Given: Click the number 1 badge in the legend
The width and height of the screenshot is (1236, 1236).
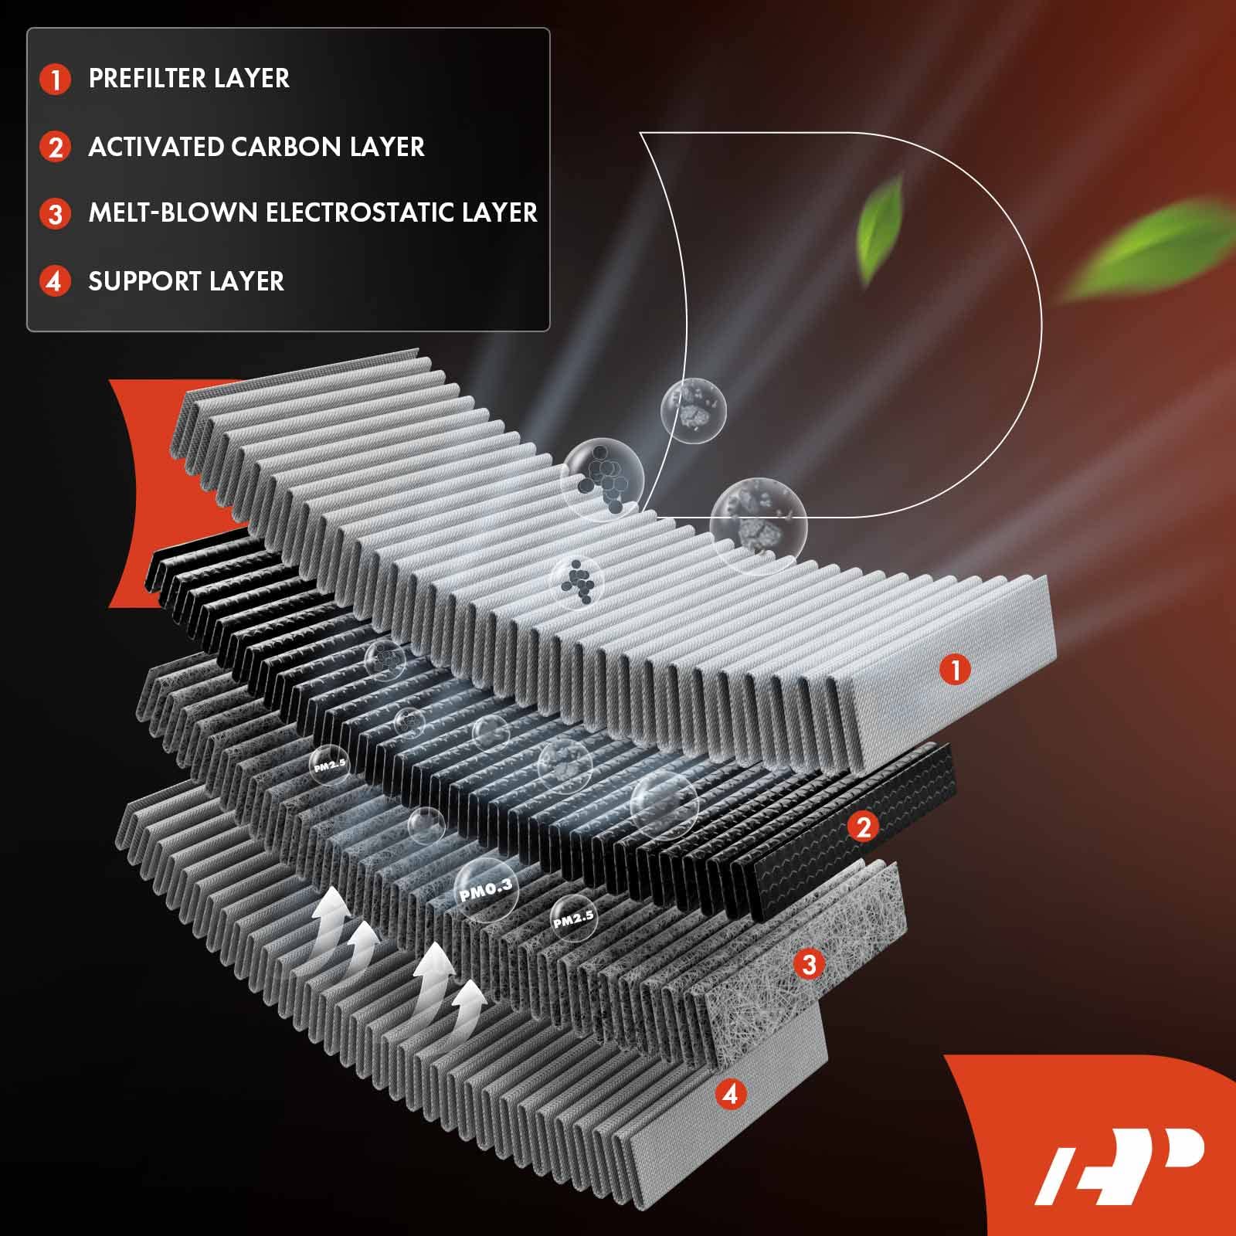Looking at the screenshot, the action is [x=55, y=79].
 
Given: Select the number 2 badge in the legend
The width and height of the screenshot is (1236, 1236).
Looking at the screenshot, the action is [x=55, y=147].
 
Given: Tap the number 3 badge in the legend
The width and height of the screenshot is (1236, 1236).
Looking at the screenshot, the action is [x=55, y=214].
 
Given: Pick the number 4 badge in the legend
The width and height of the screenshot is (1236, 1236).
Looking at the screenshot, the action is [x=55, y=281].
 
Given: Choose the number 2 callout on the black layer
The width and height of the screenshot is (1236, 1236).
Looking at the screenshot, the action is [x=863, y=827].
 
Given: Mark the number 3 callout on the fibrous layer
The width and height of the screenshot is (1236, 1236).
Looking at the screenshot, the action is [x=809, y=964].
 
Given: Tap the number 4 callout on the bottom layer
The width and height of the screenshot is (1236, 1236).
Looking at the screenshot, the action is [x=731, y=1093].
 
